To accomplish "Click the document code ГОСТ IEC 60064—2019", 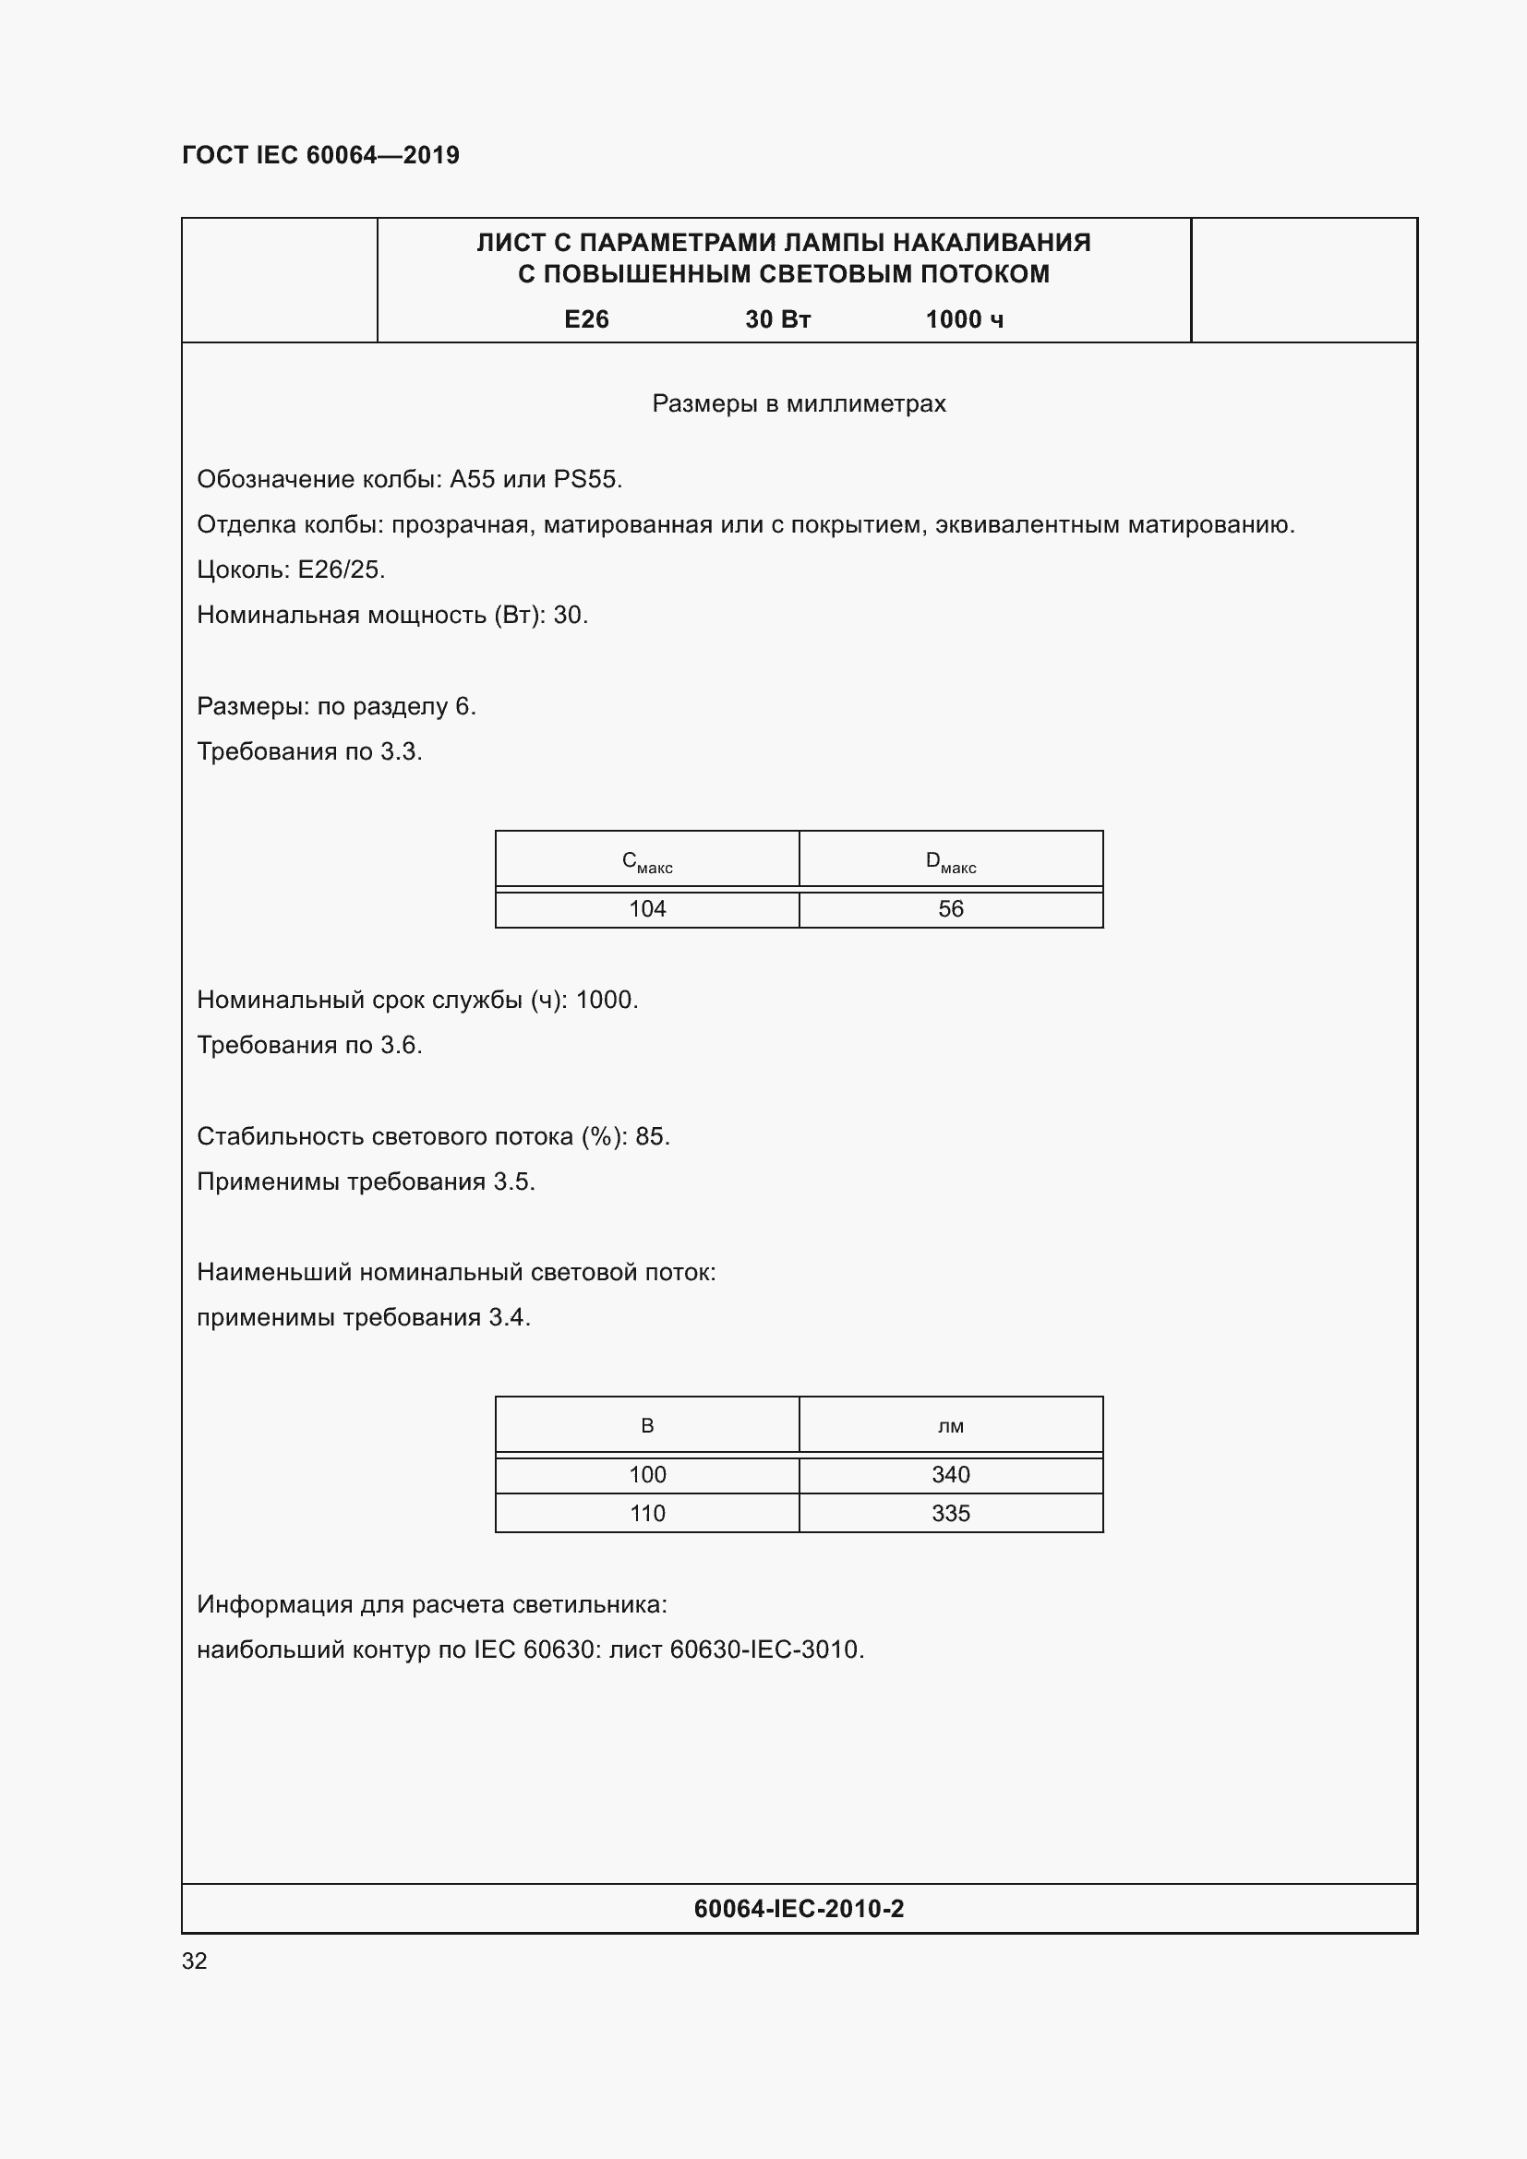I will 320,155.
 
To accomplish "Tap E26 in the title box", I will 586,319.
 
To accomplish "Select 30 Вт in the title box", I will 777,319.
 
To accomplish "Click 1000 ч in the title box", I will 964,319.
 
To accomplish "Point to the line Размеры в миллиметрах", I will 799,403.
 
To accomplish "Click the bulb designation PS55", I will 586,480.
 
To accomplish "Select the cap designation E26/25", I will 341,570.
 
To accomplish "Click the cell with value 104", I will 647,909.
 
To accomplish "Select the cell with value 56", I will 951,909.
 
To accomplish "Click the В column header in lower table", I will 647,1425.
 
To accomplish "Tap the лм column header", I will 951,1426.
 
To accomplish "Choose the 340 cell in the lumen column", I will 951,1474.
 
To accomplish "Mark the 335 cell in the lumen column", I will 951,1513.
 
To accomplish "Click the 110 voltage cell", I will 647,1513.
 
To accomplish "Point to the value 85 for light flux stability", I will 650,1136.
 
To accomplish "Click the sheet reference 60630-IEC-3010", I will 764,1649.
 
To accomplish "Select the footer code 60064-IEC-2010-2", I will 799,1908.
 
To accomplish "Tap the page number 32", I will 195,1961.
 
